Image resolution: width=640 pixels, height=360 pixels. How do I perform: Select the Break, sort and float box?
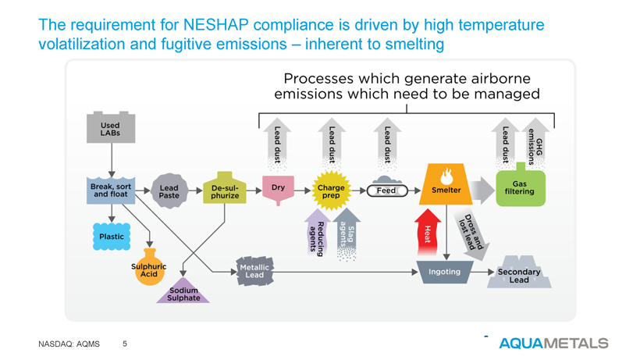111,191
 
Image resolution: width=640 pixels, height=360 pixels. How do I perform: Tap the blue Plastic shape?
112,237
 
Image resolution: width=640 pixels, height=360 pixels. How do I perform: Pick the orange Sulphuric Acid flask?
149,268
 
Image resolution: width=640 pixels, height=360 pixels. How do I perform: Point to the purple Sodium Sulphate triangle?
183,291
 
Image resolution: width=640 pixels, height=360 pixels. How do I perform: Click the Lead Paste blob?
169,191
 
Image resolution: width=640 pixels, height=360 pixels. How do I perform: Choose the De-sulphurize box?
225,188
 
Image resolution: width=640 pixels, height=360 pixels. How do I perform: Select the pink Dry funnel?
278,190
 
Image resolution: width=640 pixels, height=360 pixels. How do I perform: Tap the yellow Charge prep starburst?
331,191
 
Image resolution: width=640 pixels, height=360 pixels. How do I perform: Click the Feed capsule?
387,191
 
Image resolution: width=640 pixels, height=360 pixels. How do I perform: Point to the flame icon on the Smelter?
446,176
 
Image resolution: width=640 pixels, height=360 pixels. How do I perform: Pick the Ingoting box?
445,272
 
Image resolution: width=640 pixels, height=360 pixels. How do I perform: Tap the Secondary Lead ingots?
519,273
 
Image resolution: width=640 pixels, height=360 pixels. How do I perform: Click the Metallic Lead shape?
254,271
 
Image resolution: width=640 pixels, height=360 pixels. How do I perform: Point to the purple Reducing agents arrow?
317,233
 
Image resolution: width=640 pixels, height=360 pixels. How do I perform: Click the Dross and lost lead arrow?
471,233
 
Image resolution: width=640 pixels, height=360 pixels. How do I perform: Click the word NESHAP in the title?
216,24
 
